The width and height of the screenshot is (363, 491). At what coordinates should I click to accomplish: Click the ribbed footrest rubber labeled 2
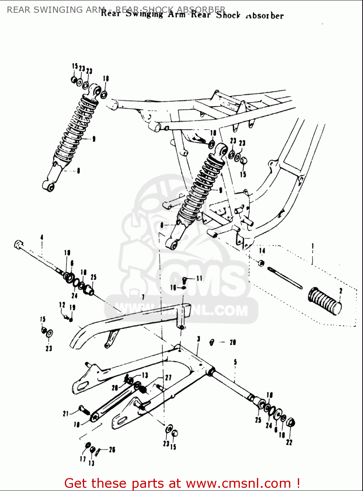(324, 301)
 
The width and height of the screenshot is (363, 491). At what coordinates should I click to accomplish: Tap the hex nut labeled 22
(290, 423)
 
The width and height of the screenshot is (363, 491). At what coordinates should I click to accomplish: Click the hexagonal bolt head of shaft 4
(18, 244)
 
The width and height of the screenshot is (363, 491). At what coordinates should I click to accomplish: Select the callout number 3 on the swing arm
(198, 339)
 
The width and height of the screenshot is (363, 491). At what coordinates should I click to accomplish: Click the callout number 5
(235, 362)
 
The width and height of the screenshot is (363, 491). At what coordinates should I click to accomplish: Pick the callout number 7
(143, 297)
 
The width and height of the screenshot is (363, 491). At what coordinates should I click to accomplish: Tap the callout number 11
(199, 278)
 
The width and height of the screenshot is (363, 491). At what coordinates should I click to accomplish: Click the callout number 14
(262, 251)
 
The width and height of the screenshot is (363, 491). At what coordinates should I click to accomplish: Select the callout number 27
(168, 378)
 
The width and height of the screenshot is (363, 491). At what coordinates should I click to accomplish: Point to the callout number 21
(66, 414)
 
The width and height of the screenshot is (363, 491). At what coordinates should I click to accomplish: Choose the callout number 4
(42, 237)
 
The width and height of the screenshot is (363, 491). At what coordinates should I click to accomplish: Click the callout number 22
(289, 442)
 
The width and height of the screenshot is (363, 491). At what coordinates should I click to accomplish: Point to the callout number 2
(341, 290)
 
